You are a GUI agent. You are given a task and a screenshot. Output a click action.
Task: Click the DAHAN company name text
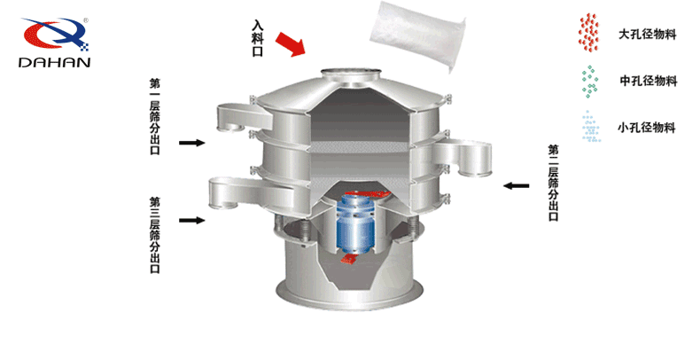click(54, 62)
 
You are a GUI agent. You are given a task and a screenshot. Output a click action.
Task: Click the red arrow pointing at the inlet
click(290, 43)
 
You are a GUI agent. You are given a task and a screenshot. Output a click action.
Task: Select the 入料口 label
click(258, 38)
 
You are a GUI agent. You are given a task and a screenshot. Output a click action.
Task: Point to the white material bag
click(417, 35)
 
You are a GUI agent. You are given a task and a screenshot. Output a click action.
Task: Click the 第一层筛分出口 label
click(154, 116)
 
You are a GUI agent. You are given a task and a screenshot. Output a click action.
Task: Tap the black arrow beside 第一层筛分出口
click(192, 143)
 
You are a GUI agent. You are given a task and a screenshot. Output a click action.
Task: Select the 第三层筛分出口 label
click(154, 235)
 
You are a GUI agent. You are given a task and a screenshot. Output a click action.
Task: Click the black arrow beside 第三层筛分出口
click(192, 220)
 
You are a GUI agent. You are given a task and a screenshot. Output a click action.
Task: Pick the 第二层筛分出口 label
click(553, 183)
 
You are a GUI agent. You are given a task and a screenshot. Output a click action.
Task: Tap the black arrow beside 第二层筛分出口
click(516, 186)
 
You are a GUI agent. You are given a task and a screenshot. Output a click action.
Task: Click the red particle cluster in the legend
click(589, 32)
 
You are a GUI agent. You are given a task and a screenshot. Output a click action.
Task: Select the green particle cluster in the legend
click(590, 82)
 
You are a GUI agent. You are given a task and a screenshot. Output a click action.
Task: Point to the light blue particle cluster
click(591, 127)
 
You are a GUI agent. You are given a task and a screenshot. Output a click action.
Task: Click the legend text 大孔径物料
click(648, 34)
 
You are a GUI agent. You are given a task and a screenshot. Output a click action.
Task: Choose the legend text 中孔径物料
click(649, 81)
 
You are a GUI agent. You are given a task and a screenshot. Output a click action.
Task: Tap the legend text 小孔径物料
click(647, 128)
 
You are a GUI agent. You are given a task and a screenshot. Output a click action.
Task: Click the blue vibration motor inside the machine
click(355, 223)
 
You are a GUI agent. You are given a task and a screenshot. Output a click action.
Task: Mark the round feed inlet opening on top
click(352, 72)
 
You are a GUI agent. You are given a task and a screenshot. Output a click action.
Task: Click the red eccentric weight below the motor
click(349, 258)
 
